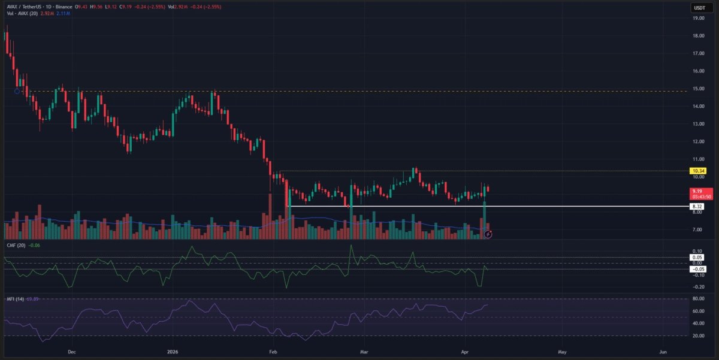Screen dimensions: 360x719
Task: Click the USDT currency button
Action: (x=699, y=7)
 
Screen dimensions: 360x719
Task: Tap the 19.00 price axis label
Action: (x=698, y=18)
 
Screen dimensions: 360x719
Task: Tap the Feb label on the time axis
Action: (x=273, y=353)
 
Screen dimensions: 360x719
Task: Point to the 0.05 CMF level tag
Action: (x=698, y=258)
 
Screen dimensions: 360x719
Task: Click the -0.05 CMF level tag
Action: (x=697, y=269)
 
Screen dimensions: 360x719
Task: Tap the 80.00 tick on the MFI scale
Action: (x=698, y=298)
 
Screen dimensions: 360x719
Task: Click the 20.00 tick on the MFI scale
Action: (x=698, y=335)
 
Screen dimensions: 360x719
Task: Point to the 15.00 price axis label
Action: (x=698, y=89)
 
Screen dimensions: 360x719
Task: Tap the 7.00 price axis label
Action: (x=698, y=229)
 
